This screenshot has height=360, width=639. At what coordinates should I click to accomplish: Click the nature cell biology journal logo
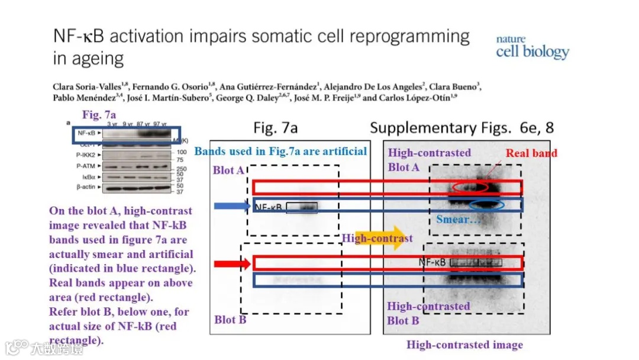click(x=532, y=47)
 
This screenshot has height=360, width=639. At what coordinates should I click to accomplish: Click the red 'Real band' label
click(x=531, y=153)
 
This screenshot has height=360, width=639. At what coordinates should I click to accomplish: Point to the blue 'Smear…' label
click(x=457, y=220)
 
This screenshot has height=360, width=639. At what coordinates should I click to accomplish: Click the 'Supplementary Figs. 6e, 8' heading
click(x=461, y=128)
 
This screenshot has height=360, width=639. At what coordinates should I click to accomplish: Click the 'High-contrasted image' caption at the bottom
click(x=464, y=345)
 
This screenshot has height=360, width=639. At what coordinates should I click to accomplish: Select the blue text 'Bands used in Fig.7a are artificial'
click(x=280, y=152)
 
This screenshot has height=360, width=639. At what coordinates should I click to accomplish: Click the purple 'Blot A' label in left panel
click(x=228, y=170)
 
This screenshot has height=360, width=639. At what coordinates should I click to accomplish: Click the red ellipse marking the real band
click(x=470, y=187)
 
